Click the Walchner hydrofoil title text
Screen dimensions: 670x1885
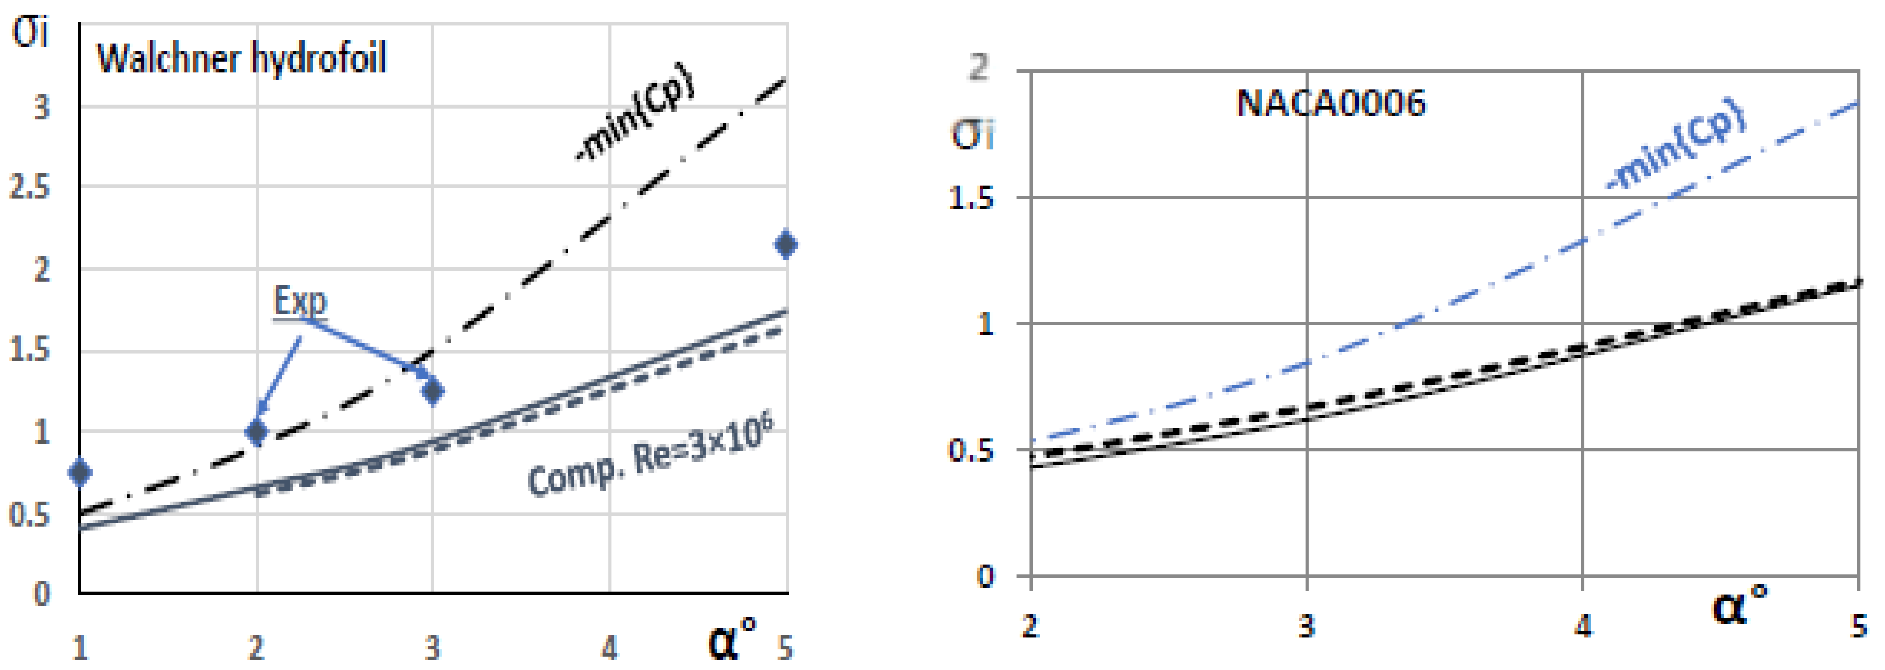242,58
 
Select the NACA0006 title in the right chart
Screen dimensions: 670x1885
1330,103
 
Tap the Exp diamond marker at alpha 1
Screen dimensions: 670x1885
80,473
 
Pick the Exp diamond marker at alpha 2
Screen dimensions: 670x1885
256,432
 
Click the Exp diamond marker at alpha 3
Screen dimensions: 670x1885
433,391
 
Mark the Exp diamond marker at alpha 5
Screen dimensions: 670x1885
786,244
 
